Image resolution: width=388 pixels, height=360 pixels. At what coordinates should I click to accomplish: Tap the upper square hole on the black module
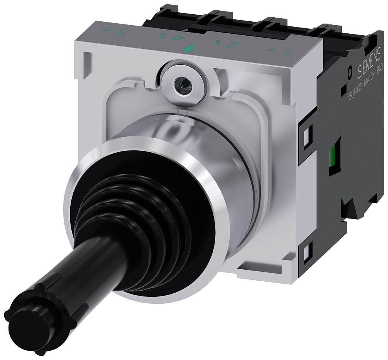pyautogui.click(x=307, y=134)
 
